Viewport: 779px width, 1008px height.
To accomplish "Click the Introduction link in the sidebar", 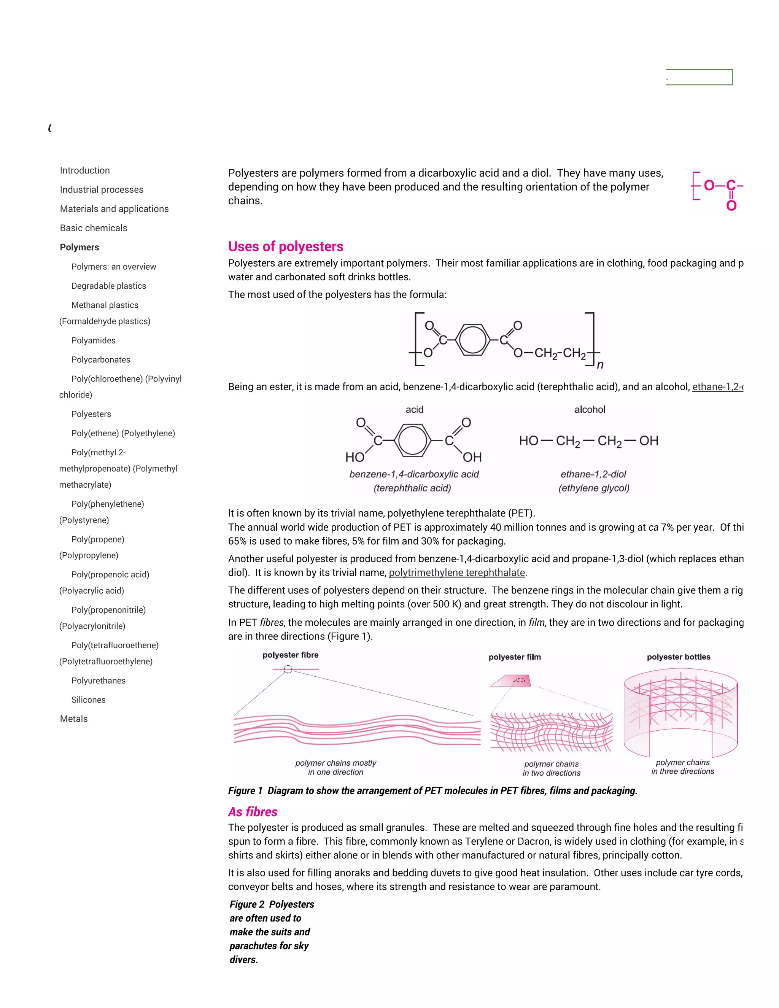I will click(85, 170).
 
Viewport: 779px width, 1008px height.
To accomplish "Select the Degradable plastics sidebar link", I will click(108, 286).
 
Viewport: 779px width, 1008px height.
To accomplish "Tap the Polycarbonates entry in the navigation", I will click(100, 359).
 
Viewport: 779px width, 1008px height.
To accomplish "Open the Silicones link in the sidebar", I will click(88, 700).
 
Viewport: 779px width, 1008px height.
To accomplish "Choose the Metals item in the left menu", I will click(74, 719).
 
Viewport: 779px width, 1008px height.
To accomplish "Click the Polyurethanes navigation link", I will click(98, 680).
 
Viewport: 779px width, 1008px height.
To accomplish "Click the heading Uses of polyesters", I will click(286, 246).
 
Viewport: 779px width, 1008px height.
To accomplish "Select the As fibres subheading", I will click(253, 812).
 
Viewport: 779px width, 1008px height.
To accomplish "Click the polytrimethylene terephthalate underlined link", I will click(457, 573).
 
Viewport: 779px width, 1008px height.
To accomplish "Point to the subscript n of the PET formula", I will click(600, 365).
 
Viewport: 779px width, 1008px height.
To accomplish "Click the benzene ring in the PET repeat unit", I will click(472, 340).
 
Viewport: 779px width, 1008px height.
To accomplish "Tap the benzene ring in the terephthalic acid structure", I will click(413, 440).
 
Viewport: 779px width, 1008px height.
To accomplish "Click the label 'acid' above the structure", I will click(415, 409).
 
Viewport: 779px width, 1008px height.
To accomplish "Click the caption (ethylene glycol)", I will click(594, 488).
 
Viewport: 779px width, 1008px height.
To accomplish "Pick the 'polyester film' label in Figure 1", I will click(515, 657).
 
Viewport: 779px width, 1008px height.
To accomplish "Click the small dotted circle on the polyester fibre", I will click(288, 669).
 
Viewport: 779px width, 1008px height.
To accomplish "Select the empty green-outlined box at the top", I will click(699, 77).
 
